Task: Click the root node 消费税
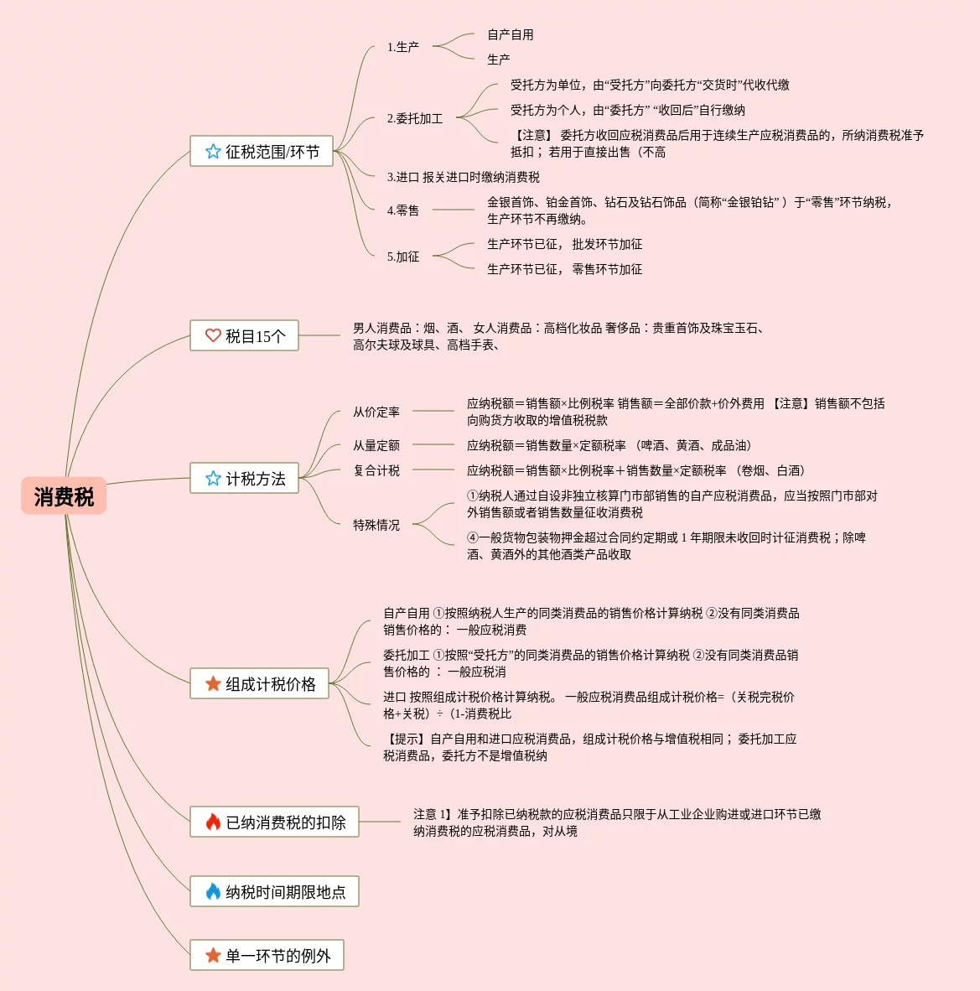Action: click(64, 496)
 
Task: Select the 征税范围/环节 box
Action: click(262, 152)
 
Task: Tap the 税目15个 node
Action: click(244, 336)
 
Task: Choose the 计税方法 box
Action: click(244, 479)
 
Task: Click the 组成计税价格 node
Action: click(259, 684)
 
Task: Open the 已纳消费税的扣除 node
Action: click(274, 822)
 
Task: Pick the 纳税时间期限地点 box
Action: click(274, 892)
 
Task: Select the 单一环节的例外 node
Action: click(267, 956)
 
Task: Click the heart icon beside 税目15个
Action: click(213, 336)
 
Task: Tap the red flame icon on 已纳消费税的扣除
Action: click(213, 822)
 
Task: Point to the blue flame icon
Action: click(213, 892)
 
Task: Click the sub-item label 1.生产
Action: click(403, 47)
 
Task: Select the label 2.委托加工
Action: click(415, 118)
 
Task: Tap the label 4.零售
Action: click(403, 210)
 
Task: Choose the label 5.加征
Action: click(403, 257)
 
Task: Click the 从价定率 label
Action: click(376, 412)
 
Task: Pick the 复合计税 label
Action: click(376, 470)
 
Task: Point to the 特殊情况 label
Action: click(376, 525)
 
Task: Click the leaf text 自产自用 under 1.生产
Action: click(511, 34)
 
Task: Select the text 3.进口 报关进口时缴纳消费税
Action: click(464, 177)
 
